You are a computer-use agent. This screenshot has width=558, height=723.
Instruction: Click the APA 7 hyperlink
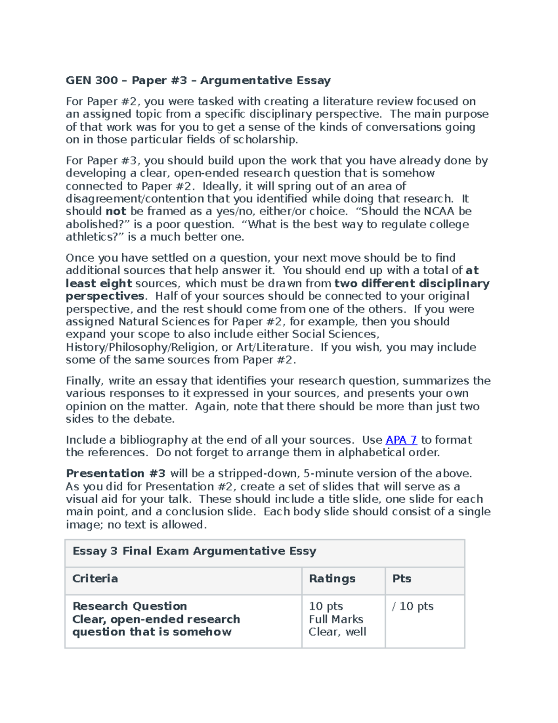tap(401, 440)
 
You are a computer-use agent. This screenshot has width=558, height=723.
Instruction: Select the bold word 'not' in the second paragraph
tap(116, 211)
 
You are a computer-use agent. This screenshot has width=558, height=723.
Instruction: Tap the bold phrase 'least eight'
tap(99, 284)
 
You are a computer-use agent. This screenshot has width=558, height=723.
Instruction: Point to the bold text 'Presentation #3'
tap(115, 473)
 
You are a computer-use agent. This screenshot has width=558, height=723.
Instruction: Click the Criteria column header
tap(95, 579)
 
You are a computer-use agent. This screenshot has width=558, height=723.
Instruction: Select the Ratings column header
tap(332, 579)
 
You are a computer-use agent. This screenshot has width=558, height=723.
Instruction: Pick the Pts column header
tap(402, 579)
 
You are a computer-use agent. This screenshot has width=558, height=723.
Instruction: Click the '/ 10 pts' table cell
tap(413, 606)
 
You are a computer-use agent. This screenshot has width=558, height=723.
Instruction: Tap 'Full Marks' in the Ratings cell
tap(336, 619)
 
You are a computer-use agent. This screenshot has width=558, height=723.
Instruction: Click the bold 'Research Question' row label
tap(130, 606)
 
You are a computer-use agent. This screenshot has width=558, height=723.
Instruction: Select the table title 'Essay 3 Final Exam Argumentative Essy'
tap(194, 551)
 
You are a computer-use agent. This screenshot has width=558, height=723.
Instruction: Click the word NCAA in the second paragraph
tap(439, 211)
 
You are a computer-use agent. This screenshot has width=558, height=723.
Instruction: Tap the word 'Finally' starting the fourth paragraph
tap(84, 381)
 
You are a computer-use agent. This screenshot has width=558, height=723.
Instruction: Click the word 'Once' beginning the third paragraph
tap(80, 258)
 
